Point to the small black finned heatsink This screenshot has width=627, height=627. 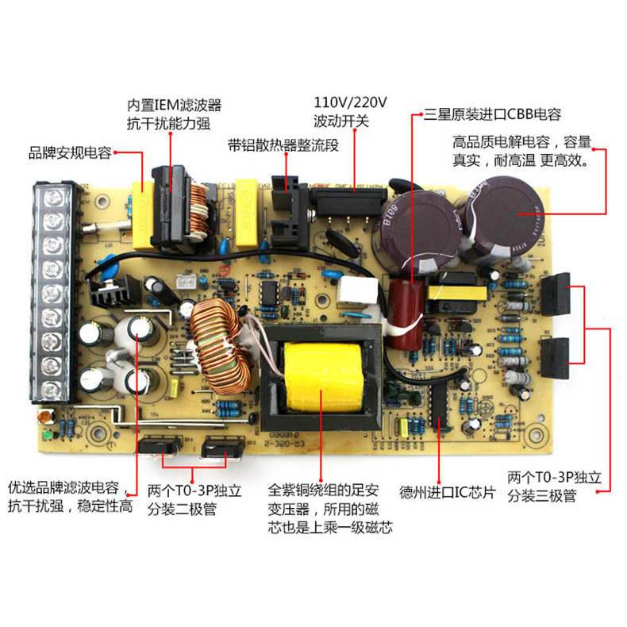tap(110, 296)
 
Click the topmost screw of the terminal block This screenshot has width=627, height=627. tap(53, 196)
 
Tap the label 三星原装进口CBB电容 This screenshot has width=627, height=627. tap(498, 113)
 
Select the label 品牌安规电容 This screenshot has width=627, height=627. tap(70, 152)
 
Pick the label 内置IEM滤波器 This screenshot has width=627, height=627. tap(174, 105)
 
